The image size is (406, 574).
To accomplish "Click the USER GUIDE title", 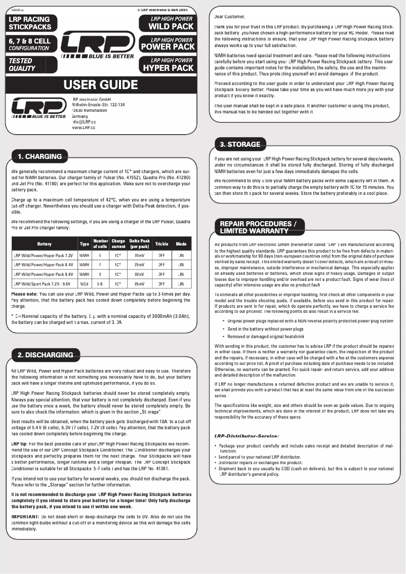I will (101, 84).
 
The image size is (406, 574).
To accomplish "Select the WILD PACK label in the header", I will (172, 26).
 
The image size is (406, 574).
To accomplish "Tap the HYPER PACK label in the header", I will (168, 67).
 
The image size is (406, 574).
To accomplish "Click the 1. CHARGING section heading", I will (39, 156).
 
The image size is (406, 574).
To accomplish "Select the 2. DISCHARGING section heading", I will (45, 355).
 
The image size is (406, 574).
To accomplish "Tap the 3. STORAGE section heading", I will (240, 145).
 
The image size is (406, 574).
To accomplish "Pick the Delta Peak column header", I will (139, 243).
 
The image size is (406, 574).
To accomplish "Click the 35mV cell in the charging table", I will (139, 284).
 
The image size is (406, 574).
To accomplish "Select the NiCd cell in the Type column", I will (84, 284).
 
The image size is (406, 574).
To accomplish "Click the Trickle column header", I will (161, 243).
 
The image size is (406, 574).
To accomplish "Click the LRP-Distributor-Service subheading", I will (247, 435).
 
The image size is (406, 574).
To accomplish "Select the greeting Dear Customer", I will (229, 17).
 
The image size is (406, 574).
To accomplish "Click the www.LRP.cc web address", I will (84, 128).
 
